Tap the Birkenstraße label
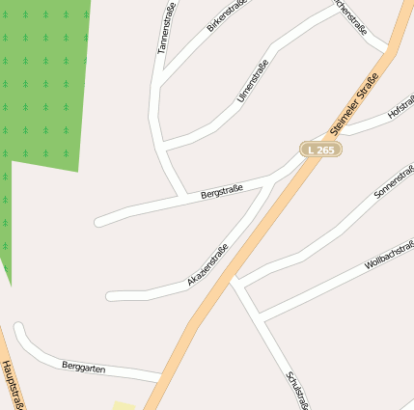pos(227,15)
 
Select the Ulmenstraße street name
pos(252,82)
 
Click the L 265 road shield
pos(320,150)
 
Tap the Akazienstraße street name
pos(207,266)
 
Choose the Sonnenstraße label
pos(392,182)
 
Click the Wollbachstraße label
pos(388,253)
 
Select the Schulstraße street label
pos(296,389)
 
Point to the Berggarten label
pos(83,368)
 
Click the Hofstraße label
pos(400,110)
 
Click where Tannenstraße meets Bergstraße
pos(182,197)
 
